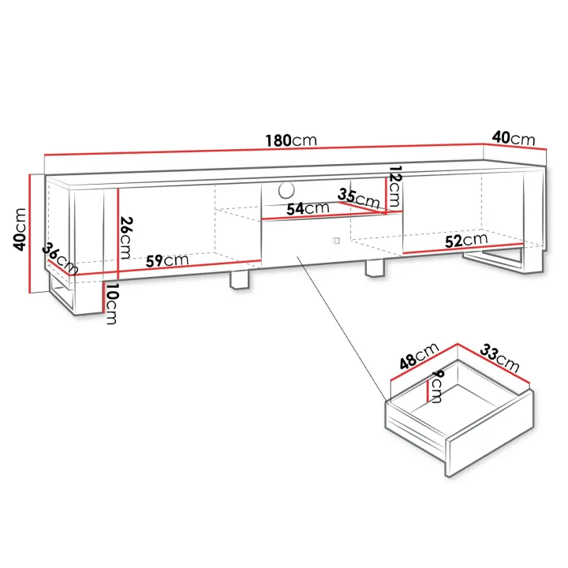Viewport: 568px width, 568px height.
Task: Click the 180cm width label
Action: pos(291,140)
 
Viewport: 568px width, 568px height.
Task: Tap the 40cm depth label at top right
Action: pos(514,138)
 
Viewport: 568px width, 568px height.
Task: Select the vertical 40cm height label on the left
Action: pos(20,230)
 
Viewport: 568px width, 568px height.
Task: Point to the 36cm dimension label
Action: pos(60,258)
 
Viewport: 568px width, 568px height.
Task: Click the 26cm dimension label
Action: pos(126,237)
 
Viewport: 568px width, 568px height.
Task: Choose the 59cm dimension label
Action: pos(167,260)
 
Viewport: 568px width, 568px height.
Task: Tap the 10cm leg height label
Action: pos(112,304)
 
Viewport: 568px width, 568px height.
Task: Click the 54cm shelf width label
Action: pos(308,208)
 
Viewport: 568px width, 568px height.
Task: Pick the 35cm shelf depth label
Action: pos(359,198)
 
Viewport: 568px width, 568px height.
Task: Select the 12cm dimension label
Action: pos(394,186)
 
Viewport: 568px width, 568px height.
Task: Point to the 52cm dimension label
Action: pos(466,240)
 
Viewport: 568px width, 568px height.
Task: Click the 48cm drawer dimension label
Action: pos(419,356)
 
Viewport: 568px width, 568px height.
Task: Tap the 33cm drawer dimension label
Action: pos(500,358)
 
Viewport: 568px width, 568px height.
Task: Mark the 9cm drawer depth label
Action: pos(437,386)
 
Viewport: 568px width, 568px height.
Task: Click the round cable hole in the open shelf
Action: pos(286,190)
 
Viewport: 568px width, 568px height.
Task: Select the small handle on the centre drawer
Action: pos(336,241)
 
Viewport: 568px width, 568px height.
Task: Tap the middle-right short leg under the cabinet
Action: pos(375,268)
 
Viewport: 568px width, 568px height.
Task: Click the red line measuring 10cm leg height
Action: pos(104,297)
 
